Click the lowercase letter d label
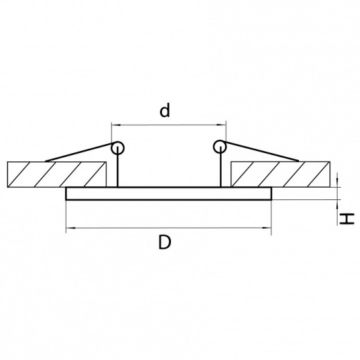(x=165, y=110)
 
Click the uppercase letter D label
(x=165, y=242)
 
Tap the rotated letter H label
(x=347, y=219)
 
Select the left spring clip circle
(x=118, y=147)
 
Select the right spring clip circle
(x=220, y=147)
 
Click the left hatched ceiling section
(x=57, y=174)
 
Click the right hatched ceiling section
(x=280, y=174)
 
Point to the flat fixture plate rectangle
(x=169, y=193)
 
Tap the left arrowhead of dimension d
(x=116, y=125)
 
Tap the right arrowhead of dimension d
(x=222, y=125)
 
